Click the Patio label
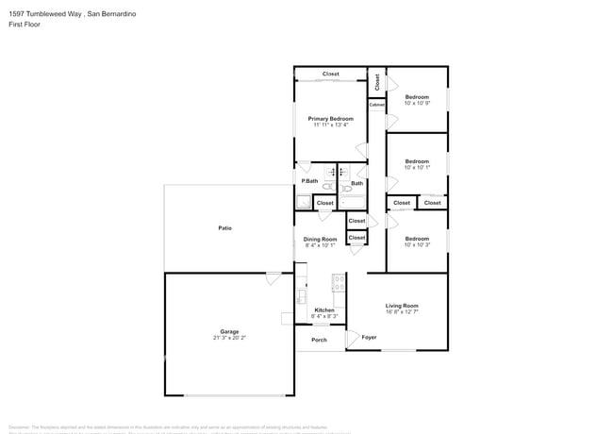coord(224,227)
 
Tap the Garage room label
coord(229,331)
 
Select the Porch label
coord(319,340)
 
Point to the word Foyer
coord(369,337)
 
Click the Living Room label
coord(402,306)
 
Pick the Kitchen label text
coord(324,310)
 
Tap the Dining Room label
coord(320,239)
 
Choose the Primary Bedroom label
coord(330,118)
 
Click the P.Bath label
coord(308,180)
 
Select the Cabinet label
coord(376,104)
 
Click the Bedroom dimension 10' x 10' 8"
coord(417,104)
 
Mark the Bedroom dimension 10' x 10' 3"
coord(417,245)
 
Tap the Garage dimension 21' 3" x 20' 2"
coord(229,338)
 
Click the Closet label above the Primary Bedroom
coord(330,74)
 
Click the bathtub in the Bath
coord(358,199)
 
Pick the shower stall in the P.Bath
coord(303,201)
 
